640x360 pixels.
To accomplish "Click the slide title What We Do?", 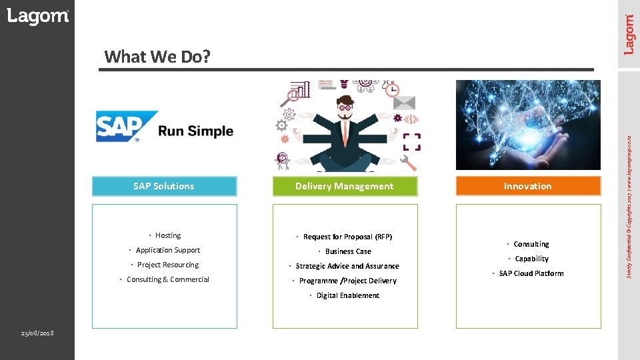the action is (x=157, y=57).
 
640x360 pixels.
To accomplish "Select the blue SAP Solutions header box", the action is (x=164, y=186).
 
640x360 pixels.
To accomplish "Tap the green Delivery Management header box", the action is (x=345, y=186).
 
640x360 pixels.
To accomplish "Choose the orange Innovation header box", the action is (x=528, y=186).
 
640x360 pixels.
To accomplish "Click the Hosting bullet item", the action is (x=167, y=235).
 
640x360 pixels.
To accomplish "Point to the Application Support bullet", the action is (x=167, y=250).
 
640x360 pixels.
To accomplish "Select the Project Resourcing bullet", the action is (x=167, y=265).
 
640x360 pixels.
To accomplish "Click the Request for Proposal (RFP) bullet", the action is (x=347, y=237).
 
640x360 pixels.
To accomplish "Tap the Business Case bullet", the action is (x=348, y=251).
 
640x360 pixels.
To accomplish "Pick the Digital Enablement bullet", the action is (x=347, y=295).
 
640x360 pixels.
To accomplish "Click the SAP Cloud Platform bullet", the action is (x=531, y=273).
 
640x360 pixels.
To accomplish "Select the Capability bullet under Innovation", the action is (x=531, y=259).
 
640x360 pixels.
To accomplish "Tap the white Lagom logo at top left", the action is (x=37, y=17).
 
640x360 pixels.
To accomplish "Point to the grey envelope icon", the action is (x=403, y=103).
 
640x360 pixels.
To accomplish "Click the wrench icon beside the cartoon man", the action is (x=408, y=162).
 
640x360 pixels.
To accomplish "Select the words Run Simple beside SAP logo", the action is (x=196, y=131).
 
